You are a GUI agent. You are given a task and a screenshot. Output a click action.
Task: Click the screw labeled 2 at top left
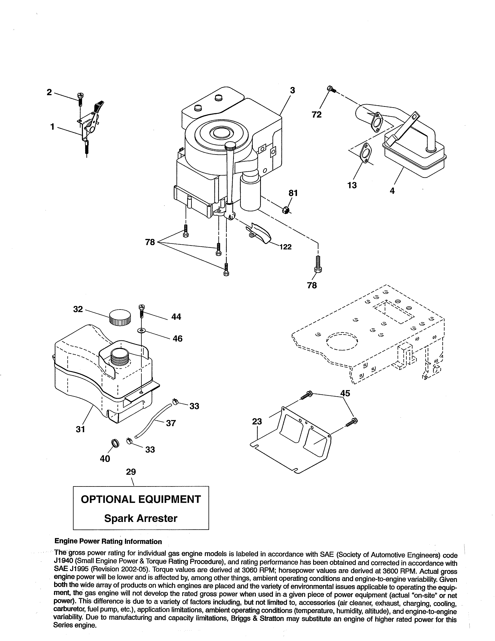point(80,100)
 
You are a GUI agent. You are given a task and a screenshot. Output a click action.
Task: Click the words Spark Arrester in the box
point(141,518)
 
